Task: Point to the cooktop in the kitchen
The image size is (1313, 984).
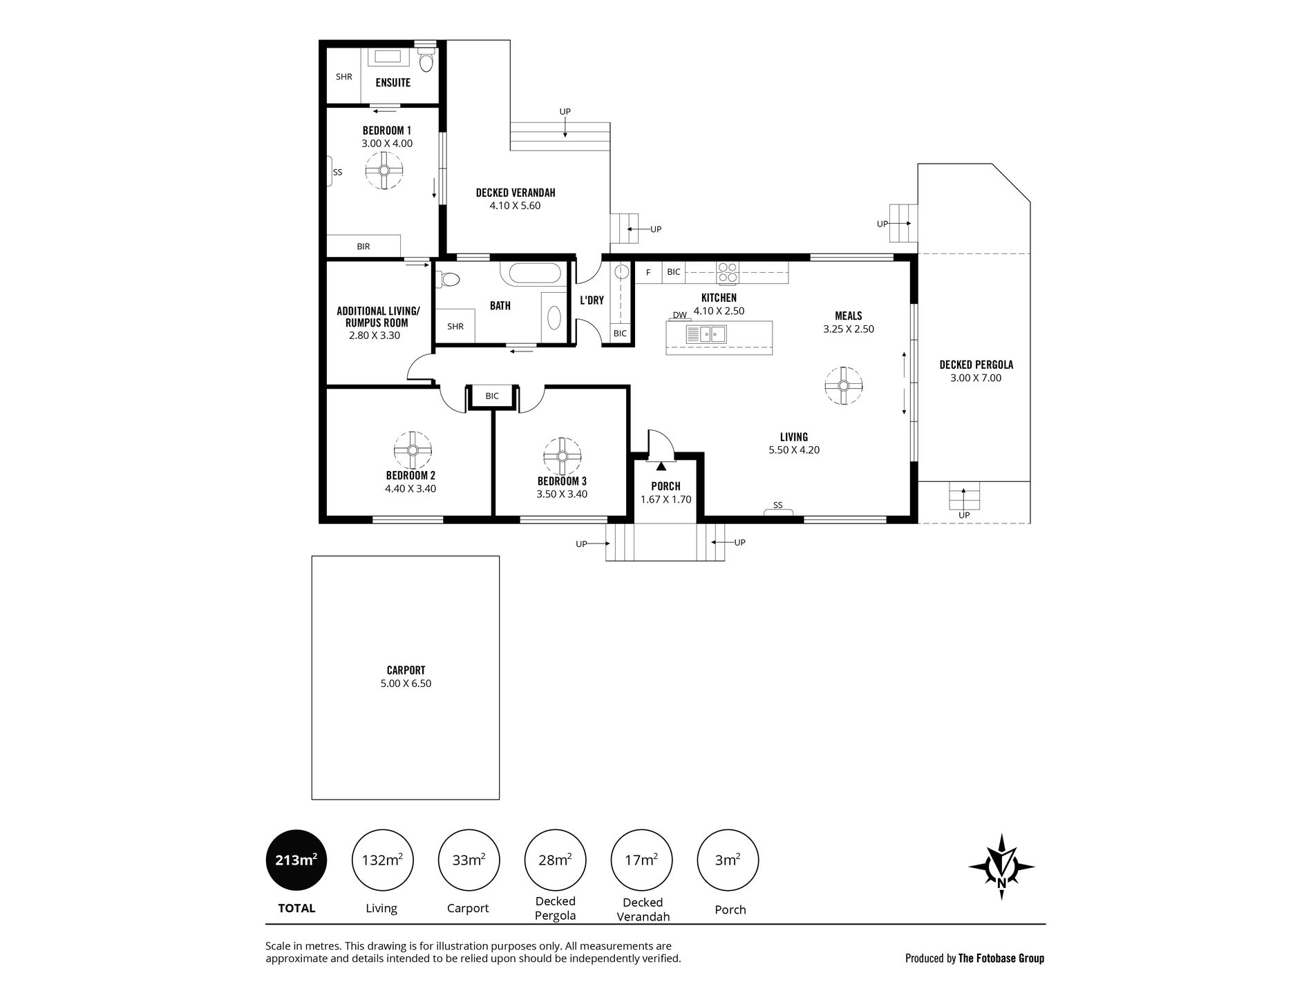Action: [x=727, y=272]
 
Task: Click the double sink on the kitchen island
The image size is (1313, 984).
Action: [x=706, y=335]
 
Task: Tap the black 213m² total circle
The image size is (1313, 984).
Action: [x=296, y=860]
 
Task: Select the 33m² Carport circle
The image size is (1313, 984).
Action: [x=468, y=860]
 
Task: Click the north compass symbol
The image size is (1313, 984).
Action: [x=1002, y=866]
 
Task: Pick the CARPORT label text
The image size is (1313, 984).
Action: [x=406, y=670]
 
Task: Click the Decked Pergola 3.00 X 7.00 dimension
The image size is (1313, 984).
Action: [x=975, y=378]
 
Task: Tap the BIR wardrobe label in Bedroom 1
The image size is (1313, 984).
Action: [x=363, y=246]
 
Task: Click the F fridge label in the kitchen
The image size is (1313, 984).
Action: [x=648, y=272]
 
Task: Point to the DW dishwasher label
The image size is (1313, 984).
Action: [x=680, y=315]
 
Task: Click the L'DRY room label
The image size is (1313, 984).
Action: [x=592, y=300]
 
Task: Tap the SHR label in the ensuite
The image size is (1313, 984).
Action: [x=344, y=77]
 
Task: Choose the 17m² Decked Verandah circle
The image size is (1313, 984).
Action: [x=641, y=860]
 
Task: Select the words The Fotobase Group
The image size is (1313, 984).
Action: [x=1001, y=958]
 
